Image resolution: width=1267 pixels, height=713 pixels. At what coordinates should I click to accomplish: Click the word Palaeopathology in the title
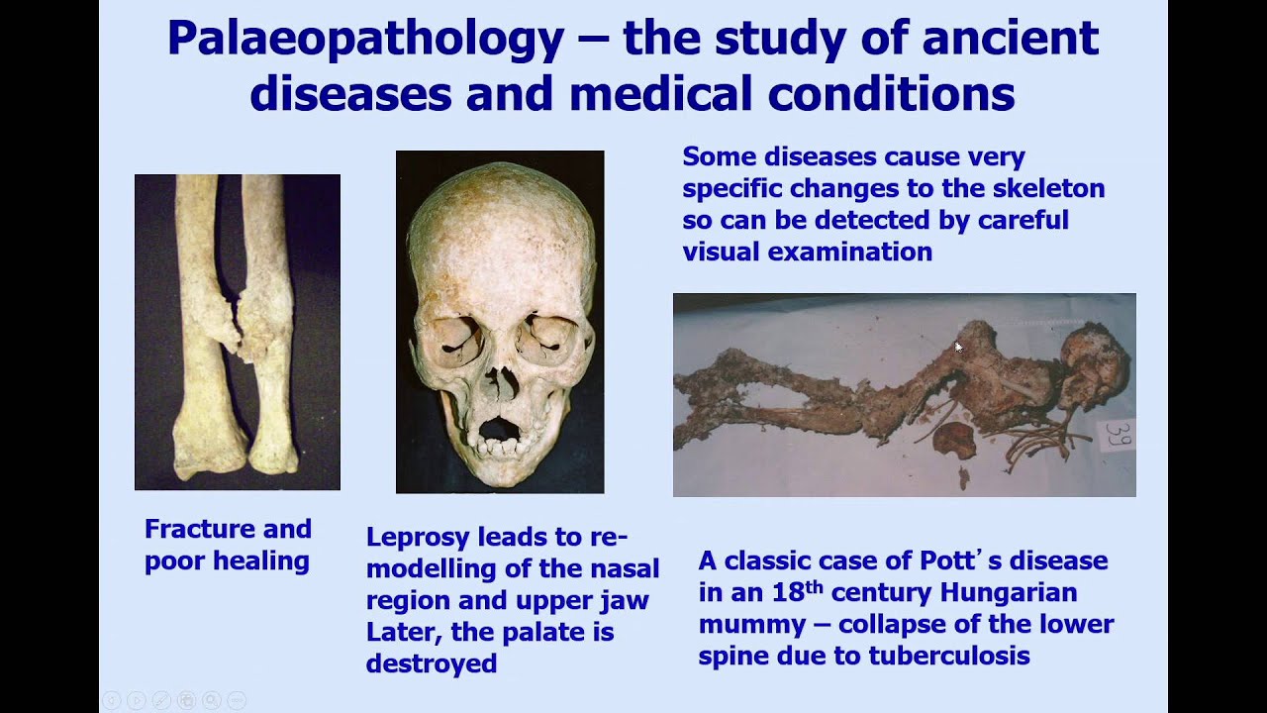click(365, 40)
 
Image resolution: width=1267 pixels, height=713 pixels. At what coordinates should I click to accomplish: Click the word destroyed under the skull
click(431, 663)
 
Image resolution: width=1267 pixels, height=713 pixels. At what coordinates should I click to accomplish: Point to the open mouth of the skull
click(500, 429)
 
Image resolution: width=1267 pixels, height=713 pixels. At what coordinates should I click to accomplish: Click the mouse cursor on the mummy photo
click(958, 347)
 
